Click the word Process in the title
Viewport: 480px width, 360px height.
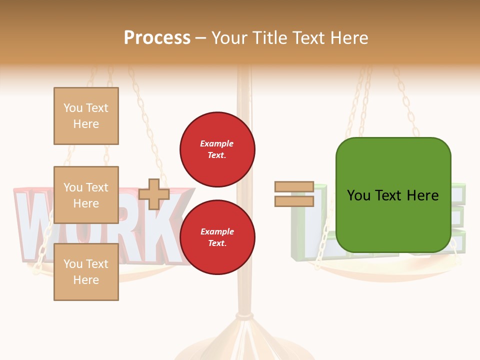[157, 38]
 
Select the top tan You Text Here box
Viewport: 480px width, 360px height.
[86, 116]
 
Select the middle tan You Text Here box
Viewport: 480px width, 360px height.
[86, 195]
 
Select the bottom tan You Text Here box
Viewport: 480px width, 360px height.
[86, 272]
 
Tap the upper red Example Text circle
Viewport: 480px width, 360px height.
[217, 149]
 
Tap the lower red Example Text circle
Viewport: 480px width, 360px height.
[217, 237]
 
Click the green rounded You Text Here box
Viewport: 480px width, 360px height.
[393, 195]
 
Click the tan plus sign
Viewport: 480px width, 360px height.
[154, 194]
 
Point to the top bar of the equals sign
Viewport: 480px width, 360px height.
[294, 187]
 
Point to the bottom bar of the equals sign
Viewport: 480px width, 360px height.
[294, 201]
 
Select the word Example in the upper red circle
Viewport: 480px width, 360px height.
[217, 143]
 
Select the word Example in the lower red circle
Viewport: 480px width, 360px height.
[217, 231]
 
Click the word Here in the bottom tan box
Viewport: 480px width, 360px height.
[86, 280]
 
